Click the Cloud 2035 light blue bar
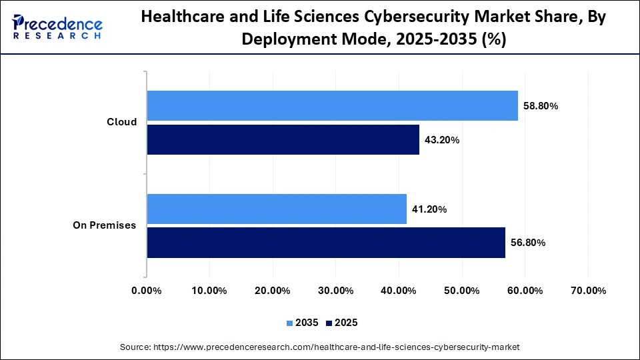[332, 106]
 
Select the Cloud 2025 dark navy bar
[283, 140]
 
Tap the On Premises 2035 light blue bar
[277, 209]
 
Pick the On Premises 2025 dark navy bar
[326, 243]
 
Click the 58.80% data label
[541, 106]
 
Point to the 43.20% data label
[442, 140]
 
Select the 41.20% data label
[429, 209]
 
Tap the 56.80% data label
[528, 243]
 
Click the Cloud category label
[122, 122]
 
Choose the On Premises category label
[104, 225]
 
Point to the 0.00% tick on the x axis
[147, 291]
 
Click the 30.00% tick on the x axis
[335, 291]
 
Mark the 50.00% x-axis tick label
[461, 291]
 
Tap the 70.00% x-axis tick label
[588, 291]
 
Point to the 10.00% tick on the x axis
[209, 291]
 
